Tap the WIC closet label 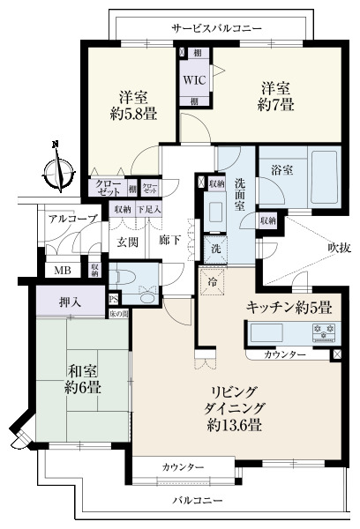(x=194, y=78)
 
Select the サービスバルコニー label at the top (x=217, y=28)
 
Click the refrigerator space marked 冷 (x=212, y=282)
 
